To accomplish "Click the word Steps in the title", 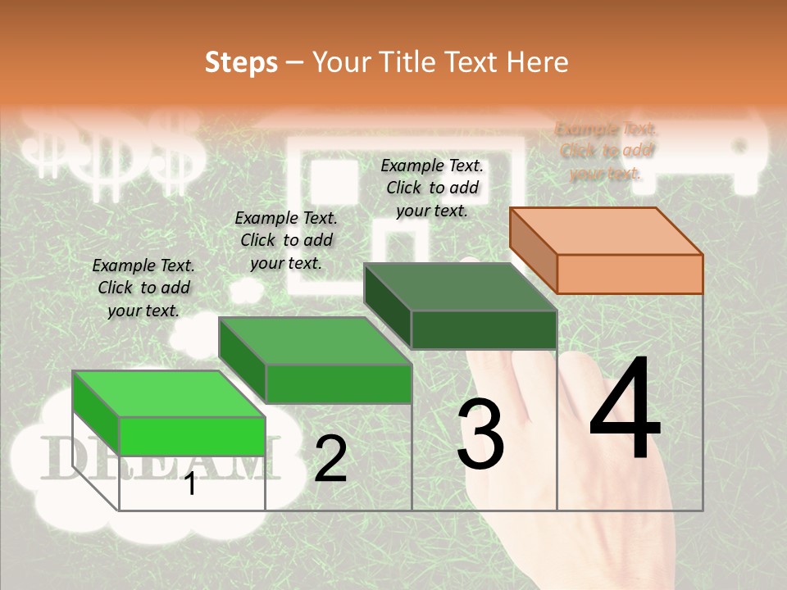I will pos(241,62).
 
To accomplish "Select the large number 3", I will pos(480,434).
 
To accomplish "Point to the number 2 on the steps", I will pos(330,459).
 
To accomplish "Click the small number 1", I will pos(190,484).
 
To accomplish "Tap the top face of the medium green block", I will pos(315,341).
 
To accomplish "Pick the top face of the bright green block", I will pos(169,394).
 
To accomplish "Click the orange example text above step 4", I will pos(607,151).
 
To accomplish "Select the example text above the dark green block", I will pos(432,188).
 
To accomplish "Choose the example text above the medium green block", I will pos(286,240).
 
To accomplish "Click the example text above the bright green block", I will pos(143,288).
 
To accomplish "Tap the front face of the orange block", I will pos(630,274).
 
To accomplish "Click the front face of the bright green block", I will pos(192,436).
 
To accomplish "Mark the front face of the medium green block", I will pos(338,383).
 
